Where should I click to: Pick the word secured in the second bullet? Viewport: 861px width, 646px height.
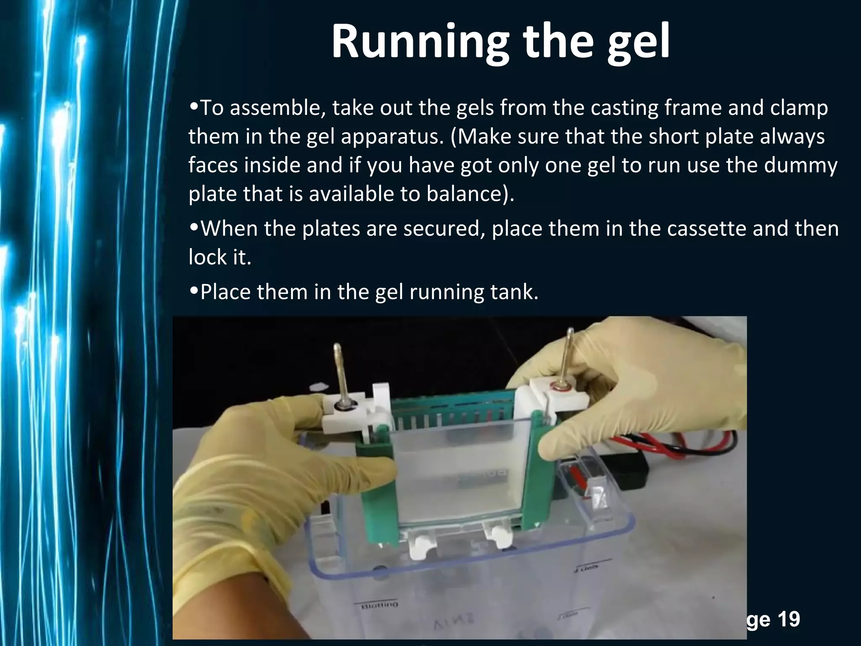click(441, 229)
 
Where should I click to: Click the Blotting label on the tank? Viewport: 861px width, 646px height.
click(380, 605)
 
